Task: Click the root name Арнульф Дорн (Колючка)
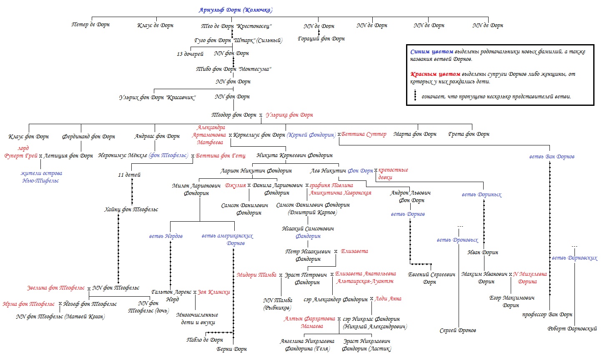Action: pyautogui.click(x=236, y=10)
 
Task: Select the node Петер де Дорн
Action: pyautogui.click(x=90, y=25)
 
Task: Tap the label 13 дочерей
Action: pyautogui.click(x=190, y=54)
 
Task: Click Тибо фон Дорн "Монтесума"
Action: pyautogui.click(x=233, y=69)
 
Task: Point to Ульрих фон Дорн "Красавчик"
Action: pyautogui.click(x=157, y=97)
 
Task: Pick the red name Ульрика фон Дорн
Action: pyautogui.click(x=289, y=115)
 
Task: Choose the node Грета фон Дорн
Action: pyautogui.click(x=469, y=134)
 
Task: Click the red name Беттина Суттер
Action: pyautogui.click(x=364, y=134)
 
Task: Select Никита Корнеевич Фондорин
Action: pyautogui.click(x=295, y=155)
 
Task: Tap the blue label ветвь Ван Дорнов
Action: pyautogui.click(x=552, y=157)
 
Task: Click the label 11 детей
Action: pyautogui.click(x=129, y=175)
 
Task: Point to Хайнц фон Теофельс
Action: pyautogui.click(x=131, y=209)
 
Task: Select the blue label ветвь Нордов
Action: pyautogui.click(x=166, y=236)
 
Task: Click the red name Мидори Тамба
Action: pyautogui.click(x=256, y=275)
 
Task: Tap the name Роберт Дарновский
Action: pyautogui.click(x=572, y=329)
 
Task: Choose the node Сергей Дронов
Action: pyautogui.click(x=458, y=330)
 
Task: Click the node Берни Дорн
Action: pyautogui.click(x=232, y=349)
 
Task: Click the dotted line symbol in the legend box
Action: pyautogui.click(x=415, y=96)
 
